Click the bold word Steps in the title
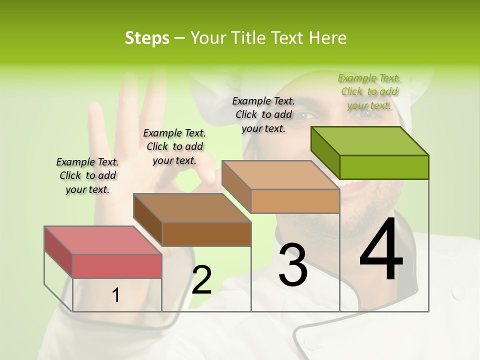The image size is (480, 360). click(x=147, y=38)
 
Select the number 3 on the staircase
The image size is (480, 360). click(x=292, y=265)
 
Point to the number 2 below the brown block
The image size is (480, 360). click(x=201, y=280)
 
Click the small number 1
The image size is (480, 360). click(x=115, y=295)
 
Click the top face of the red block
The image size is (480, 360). click(x=102, y=240)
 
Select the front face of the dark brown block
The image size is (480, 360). click(x=206, y=234)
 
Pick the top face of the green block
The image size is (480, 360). click(x=370, y=141)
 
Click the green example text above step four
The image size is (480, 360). click(x=369, y=91)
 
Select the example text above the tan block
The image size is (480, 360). click(x=263, y=114)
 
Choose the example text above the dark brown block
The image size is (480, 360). click(x=174, y=146)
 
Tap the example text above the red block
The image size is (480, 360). click(x=87, y=175)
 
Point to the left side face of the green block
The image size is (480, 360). click(x=325, y=151)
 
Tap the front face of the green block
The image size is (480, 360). click(x=384, y=167)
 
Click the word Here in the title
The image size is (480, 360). click(x=328, y=38)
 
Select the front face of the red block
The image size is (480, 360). click(x=117, y=266)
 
